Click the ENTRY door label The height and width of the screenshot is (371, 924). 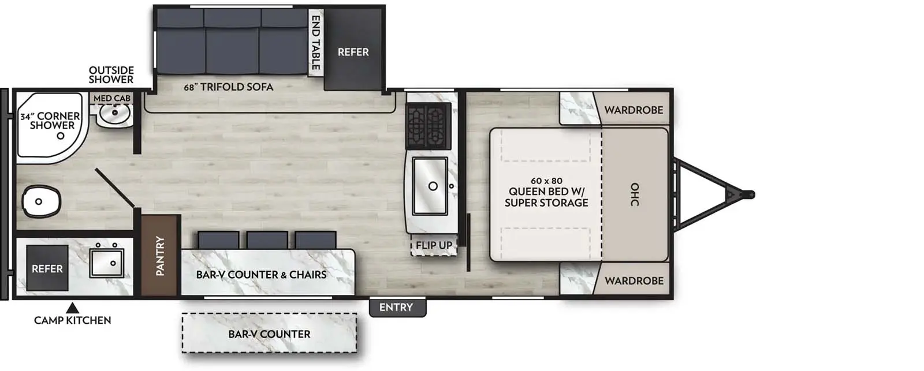[396, 308]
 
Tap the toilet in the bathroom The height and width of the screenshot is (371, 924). [40, 201]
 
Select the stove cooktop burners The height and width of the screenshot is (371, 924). [428, 126]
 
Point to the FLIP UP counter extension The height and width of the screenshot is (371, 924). [434, 245]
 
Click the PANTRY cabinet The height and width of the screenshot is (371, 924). [161, 255]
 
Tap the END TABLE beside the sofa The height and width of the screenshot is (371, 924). [316, 43]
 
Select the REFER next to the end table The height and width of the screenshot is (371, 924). [353, 52]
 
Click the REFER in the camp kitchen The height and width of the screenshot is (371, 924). [47, 269]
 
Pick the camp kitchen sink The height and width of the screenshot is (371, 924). [107, 263]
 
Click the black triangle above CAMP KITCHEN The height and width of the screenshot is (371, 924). [72, 307]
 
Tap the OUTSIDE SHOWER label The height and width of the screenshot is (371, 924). [111, 75]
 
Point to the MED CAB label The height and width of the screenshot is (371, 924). [112, 98]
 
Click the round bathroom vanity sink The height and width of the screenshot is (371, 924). [113, 114]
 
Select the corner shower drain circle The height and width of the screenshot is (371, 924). [61, 136]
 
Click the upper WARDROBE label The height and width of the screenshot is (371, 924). [634, 110]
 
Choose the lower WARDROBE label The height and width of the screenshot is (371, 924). [634, 281]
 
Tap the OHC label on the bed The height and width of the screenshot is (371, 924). [635, 195]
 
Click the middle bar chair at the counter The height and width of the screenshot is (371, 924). [267, 240]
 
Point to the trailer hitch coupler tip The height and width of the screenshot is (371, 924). [750, 194]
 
